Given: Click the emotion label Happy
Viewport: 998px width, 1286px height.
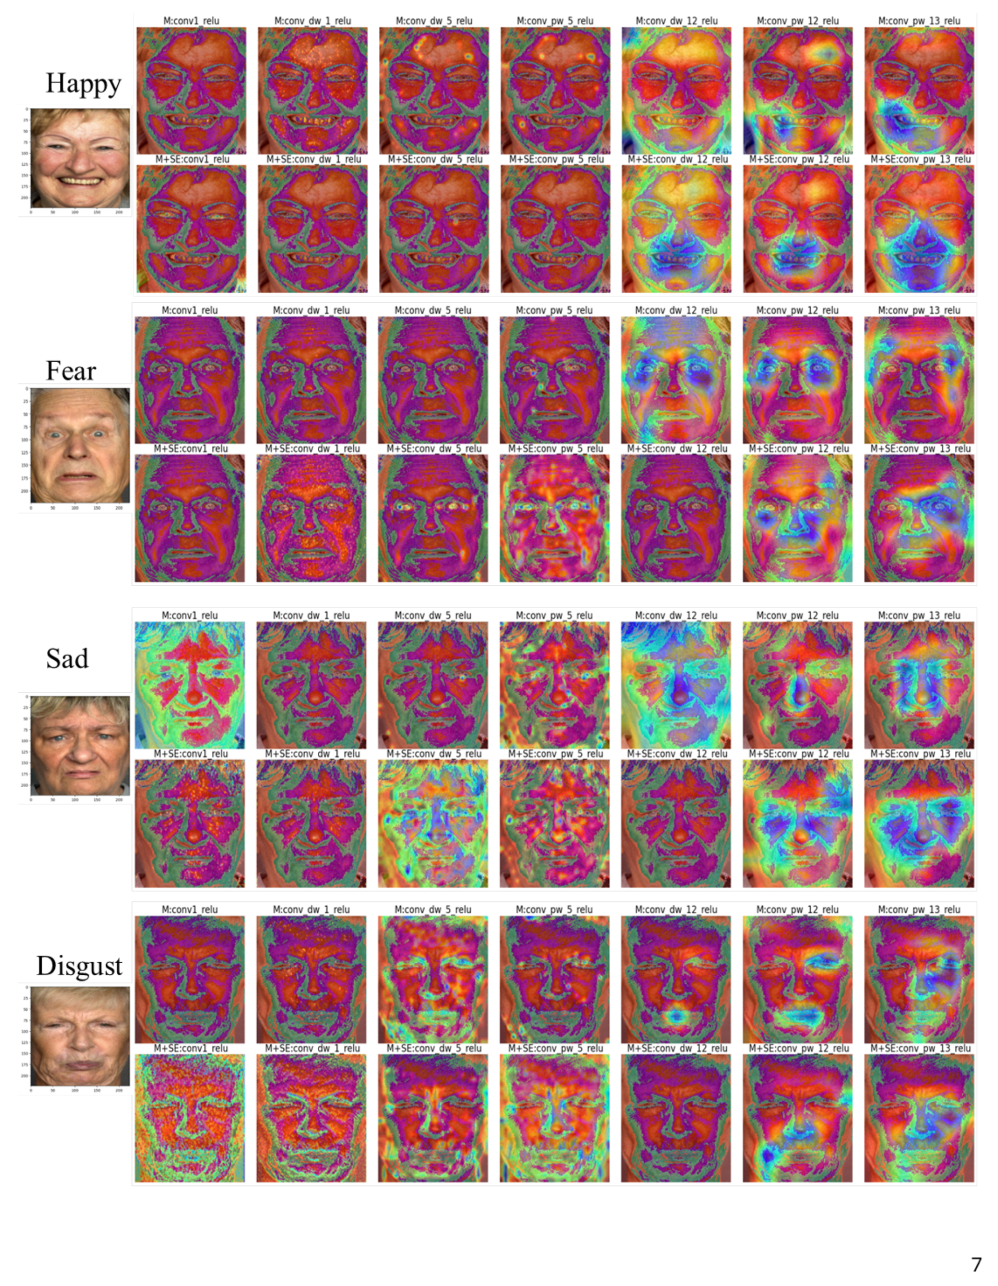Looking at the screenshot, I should pyautogui.click(x=83, y=83).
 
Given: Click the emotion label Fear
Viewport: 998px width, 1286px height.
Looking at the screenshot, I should pyautogui.click(x=72, y=371).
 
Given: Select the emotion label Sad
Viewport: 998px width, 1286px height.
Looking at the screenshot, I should pyautogui.click(x=67, y=658).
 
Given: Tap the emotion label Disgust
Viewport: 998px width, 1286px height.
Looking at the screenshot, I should pyautogui.click(x=80, y=966).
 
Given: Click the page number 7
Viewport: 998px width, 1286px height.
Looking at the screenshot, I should pyautogui.click(x=976, y=1264).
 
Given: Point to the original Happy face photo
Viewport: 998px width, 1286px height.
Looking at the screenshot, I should pyautogui.click(x=80, y=158).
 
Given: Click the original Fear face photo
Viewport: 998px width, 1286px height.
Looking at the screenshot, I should pyautogui.click(x=80, y=445).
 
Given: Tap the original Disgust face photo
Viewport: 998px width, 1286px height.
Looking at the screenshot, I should pyautogui.click(x=80, y=1036).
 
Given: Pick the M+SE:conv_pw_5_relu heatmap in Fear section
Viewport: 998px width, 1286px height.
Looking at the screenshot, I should pyautogui.click(x=555, y=518).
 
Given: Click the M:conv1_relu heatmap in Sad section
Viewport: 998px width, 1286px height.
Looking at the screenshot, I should pyautogui.click(x=190, y=685).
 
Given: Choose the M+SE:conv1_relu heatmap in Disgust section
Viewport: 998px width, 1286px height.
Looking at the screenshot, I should pyautogui.click(x=190, y=1118).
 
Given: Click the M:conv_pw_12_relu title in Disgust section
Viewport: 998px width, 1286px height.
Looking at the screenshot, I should pyautogui.click(x=797, y=910).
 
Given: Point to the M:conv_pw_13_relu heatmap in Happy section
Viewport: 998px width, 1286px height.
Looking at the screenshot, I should pyautogui.click(x=919, y=90).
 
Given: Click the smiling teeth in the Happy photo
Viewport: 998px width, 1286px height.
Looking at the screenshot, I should pyautogui.click(x=80, y=181).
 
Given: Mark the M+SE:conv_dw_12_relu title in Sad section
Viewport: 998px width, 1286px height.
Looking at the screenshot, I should pyautogui.click(x=676, y=754).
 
